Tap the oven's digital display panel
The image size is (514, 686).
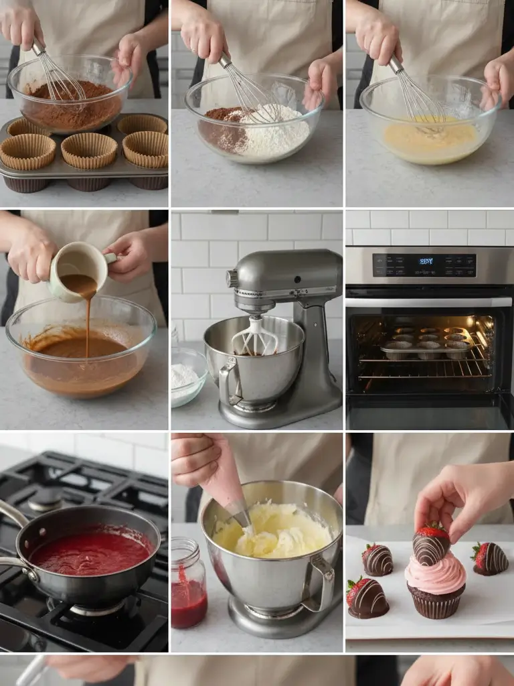coord(424,265)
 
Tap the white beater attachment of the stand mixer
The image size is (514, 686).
coord(254,338)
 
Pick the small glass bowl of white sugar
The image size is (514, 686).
coord(187,378)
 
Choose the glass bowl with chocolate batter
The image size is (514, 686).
coord(80,355)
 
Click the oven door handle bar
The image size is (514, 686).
coord(428,302)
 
